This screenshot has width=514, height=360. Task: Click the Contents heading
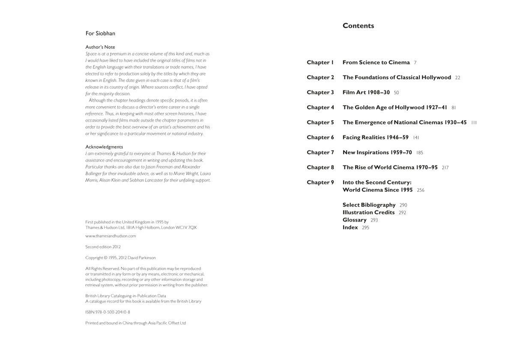(x=358, y=26)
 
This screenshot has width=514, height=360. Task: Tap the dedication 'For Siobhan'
(x=100, y=33)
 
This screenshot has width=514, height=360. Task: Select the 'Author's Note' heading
(x=100, y=47)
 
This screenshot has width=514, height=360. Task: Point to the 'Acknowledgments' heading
(x=104, y=147)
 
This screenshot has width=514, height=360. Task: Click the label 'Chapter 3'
(x=320, y=93)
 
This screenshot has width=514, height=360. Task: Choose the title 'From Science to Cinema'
(x=376, y=63)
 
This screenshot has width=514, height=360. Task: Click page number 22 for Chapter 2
(x=457, y=78)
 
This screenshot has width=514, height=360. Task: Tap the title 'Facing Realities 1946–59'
(x=375, y=138)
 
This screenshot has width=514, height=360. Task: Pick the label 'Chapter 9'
(x=320, y=183)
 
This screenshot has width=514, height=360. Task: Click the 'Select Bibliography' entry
(x=369, y=205)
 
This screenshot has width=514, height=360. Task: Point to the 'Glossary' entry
(x=354, y=220)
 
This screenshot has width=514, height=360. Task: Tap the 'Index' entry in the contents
(x=350, y=228)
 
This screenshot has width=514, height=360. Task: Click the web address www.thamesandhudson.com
(x=111, y=236)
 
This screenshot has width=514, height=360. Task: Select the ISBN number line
(x=108, y=312)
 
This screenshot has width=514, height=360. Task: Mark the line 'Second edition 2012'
(x=103, y=247)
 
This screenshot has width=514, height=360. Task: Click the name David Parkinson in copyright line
(x=142, y=258)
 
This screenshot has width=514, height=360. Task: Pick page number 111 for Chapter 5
(x=474, y=123)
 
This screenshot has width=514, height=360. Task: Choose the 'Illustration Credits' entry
(x=368, y=213)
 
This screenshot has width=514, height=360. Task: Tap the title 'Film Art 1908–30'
(x=366, y=93)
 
